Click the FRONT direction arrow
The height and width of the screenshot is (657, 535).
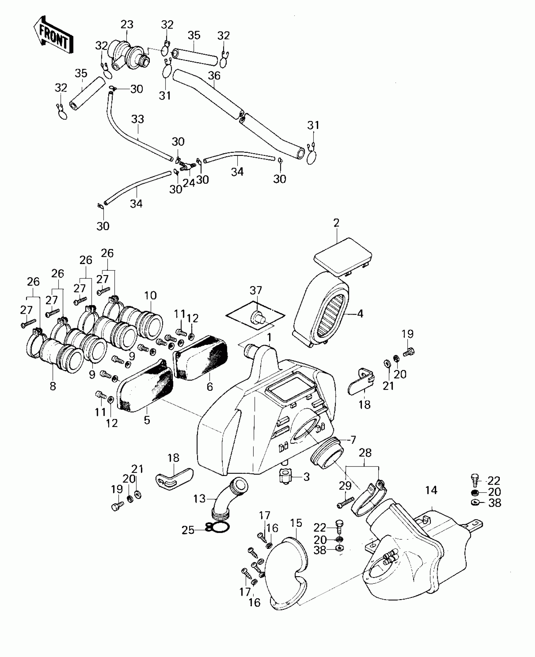(x=53, y=36)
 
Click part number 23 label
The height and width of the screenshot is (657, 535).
(x=127, y=25)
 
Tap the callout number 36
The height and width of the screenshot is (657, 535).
(x=214, y=76)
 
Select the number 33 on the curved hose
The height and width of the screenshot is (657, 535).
(x=138, y=119)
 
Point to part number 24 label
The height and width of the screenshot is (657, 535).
(x=189, y=183)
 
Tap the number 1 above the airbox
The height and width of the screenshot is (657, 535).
(x=269, y=338)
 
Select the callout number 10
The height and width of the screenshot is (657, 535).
(x=150, y=295)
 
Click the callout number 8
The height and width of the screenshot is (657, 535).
(x=53, y=386)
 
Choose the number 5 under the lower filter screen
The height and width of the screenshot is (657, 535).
(x=147, y=420)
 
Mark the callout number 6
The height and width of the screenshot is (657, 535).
(x=210, y=387)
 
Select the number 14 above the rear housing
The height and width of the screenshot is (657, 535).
(x=431, y=499)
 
